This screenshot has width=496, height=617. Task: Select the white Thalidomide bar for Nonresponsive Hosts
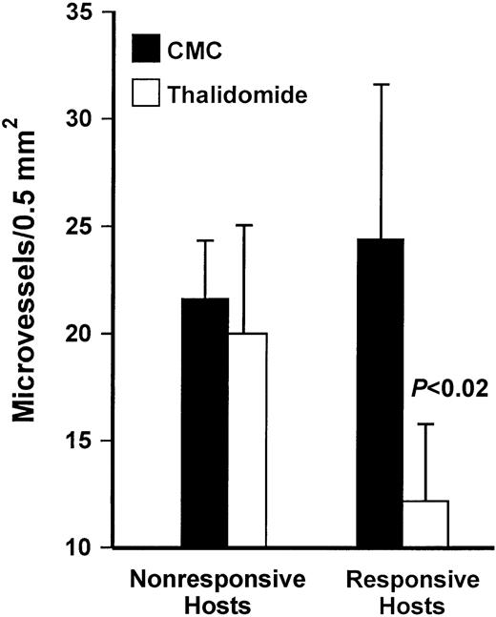(247, 440)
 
